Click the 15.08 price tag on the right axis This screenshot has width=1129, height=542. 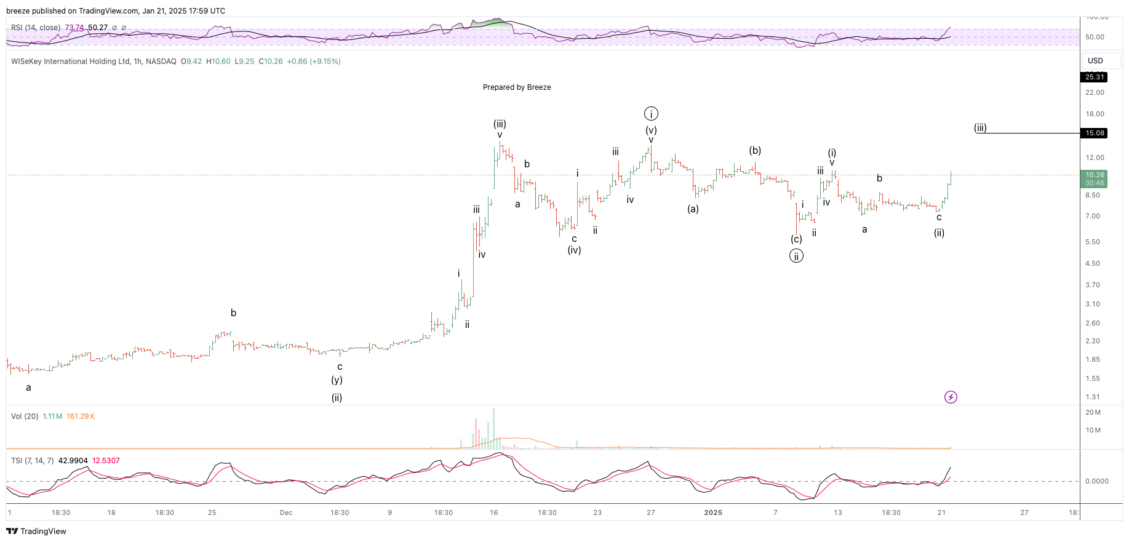(x=1095, y=133)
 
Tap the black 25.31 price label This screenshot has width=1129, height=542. (x=1095, y=77)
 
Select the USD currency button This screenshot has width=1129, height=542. (x=1095, y=61)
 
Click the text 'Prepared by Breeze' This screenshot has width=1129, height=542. (x=517, y=87)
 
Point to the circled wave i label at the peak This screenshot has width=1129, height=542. (x=651, y=114)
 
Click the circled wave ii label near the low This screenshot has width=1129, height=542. (x=796, y=257)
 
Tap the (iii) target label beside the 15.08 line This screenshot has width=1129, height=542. (x=980, y=128)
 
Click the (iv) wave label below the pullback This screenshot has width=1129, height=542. (x=574, y=250)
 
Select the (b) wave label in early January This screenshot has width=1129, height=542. (x=755, y=151)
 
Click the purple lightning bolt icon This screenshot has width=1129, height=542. (x=951, y=397)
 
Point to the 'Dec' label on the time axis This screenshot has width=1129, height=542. (x=286, y=512)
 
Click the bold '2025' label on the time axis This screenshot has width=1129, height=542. (x=713, y=512)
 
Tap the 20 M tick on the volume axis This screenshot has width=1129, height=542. (x=1093, y=412)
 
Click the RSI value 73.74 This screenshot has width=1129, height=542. (x=74, y=28)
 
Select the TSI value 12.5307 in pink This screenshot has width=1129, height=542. (x=106, y=461)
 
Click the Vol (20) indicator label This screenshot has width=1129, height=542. (x=25, y=416)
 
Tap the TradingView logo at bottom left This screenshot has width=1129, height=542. (x=36, y=531)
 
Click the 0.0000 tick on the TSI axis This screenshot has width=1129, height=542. (x=1096, y=481)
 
